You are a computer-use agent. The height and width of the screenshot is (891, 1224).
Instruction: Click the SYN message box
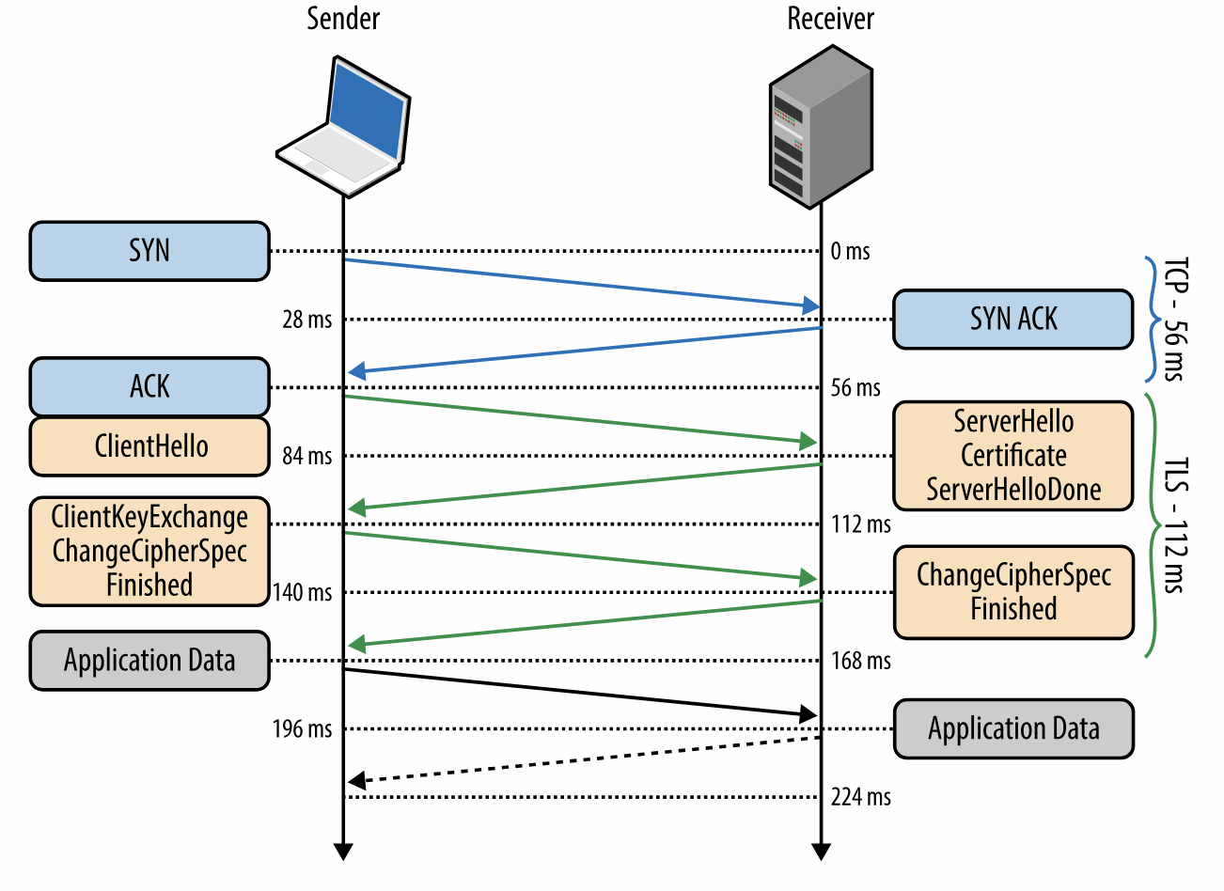pyautogui.click(x=149, y=251)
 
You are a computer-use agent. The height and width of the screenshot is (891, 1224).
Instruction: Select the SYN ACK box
pyautogui.click(x=1012, y=319)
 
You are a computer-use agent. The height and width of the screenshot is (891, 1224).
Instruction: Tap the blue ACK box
pyautogui.click(x=149, y=387)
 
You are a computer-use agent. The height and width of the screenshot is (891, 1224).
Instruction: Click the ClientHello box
pyautogui.click(x=149, y=446)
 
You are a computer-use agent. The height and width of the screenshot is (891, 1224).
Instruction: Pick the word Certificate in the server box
pyautogui.click(x=1013, y=455)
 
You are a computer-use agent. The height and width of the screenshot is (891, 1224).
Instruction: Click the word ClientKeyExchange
pyautogui.click(x=149, y=517)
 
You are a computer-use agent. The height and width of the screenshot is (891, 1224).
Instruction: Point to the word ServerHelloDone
pyautogui.click(x=1013, y=489)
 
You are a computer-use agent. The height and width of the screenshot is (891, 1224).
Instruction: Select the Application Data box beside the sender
pyautogui.click(x=149, y=661)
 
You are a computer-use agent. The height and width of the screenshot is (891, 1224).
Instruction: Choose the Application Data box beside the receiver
pyautogui.click(x=1013, y=728)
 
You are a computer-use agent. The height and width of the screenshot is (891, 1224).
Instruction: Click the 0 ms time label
pyautogui.click(x=850, y=251)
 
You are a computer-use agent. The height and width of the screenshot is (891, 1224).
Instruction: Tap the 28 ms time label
pyautogui.click(x=307, y=320)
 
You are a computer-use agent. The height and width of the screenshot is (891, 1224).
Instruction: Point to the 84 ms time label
pyautogui.click(x=307, y=456)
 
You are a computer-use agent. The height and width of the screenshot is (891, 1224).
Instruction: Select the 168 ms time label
pyautogui.click(x=860, y=661)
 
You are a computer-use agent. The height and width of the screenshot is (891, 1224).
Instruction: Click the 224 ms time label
pyautogui.click(x=860, y=797)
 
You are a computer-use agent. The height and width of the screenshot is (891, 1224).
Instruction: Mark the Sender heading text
pyautogui.click(x=343, y=19)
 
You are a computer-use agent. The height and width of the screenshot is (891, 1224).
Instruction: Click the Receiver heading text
pyautogui.click(x=831, y=19)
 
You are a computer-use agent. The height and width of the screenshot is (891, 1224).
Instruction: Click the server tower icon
pyautogui.click(x=821, y=127)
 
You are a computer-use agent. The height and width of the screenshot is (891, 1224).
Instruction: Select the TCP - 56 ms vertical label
pyautogui.click(x=1175, y=319)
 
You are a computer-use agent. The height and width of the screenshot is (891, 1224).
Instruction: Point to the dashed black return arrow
pyautogui.click(x=585, y=759)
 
